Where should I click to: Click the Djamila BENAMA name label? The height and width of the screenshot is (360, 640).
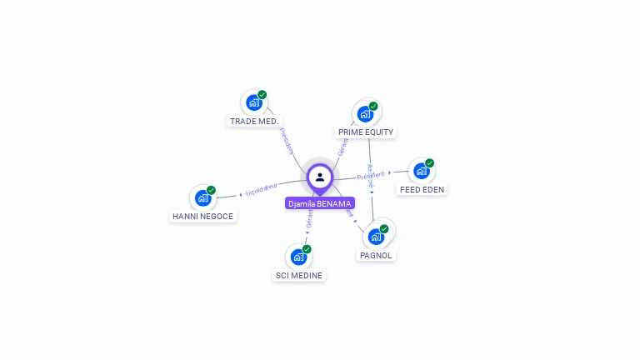pyautogui.click(x=320, y=203)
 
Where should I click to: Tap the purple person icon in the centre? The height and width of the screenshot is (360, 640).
pyautogui.click(x=320, y=177)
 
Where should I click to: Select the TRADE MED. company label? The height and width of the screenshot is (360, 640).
pyautogui.click(x=254, y=122)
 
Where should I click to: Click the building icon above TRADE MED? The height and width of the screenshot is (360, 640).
pyautogui.click(x=253, y=102)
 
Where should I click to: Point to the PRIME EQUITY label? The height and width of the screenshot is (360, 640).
pyautogui.click(x=366, y=132)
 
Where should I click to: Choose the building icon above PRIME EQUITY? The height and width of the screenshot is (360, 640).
pyautogui.click(x=365, y=113)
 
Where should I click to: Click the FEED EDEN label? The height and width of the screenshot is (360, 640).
pyautogui.click(x=422, y=190)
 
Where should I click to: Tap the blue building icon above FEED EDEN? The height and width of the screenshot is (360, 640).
pyautogui.click(x=421, y=171)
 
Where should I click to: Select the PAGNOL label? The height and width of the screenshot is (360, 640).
pyautogui.click(x=376, y=256)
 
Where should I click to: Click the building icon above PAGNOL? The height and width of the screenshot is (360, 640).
pyautogui.click(x=375, y=236)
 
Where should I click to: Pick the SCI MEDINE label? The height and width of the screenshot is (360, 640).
pyautogui.click(x=299, y=276)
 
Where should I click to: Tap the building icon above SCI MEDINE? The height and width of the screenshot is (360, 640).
pyautogui.click(x=298, y=257)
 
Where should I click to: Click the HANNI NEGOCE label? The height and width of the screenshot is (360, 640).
pyautogui.click(x=203, y=217)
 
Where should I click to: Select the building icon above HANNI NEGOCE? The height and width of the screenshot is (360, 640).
pyautogui.click(x=202, y=197)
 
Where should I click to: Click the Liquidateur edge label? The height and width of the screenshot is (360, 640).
pyautogui.click(x=262, y=190)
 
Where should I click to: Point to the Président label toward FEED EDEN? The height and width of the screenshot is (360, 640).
pyautogui.click(x=371, y=176)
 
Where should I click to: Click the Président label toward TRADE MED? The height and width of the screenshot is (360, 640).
pyautogui.click(x=287, y=141)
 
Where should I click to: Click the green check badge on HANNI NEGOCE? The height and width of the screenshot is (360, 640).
pyautogui.click(x=212, y=190)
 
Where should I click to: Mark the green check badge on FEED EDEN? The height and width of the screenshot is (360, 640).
pyautogui.click(x=430, y=163)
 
